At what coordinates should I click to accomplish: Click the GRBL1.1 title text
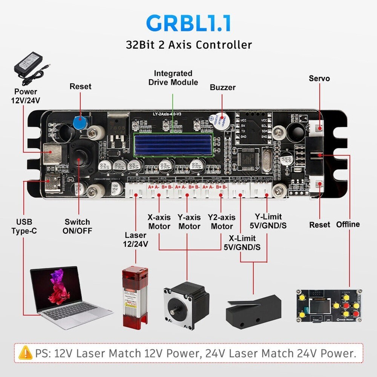(188, 23)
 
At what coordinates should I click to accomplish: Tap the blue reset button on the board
(79, 122)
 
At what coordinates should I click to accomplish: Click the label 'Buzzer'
(222, 87)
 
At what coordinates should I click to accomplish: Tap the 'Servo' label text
(319, 78)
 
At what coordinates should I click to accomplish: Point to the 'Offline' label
(348, 224)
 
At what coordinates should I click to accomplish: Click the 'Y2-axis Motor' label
(222, 222)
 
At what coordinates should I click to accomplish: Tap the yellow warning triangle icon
(25, 353)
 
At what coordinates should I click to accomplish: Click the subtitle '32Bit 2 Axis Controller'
(188, 44)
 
